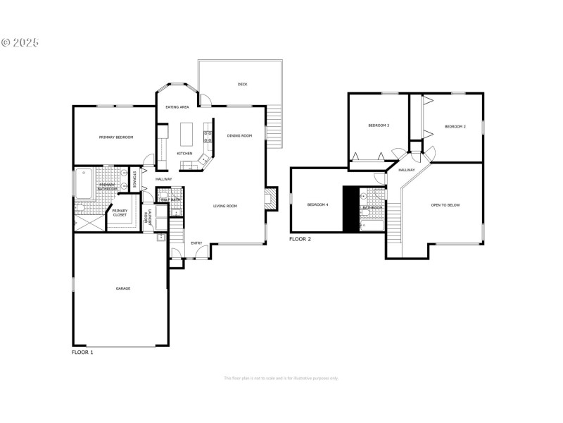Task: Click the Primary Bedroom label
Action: pyautogui.click(x=116, y=137)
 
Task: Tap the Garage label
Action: pyautogui.click(x=123, y=288)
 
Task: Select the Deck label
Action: pyautogui.click(x=242, y=84)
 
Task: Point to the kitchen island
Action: pyautogui.click(x=186, y=133)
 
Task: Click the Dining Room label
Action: pyautogui.click(x=239, y=136)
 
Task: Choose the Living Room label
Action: pyautogui.click(x=225, y=206)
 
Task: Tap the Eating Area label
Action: pyautogui.click(x=177, y=107)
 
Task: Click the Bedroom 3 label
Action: pyautogui.click(x=379, y=125)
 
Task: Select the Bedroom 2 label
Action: pyautogui.click(x=455, y=126)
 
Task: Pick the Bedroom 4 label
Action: pyautogui.click(x=317, y=204)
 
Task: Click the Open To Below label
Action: pyautogui.click(x=445, y=205)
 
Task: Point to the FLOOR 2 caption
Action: pyautogui.click(x=300, y=240)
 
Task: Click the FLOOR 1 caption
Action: pyautogui.click(x=82, y=351)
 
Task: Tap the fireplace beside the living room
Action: pyautogui.click(x=271, y=198)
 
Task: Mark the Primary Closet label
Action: pyautogui.click(x=120, y=213)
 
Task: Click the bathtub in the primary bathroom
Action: pyautogui.click(x=84, y=183)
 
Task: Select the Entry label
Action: pyautogui.click(x=196, y=243)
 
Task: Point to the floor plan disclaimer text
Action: pyautogui.click(x=281, y=379)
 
